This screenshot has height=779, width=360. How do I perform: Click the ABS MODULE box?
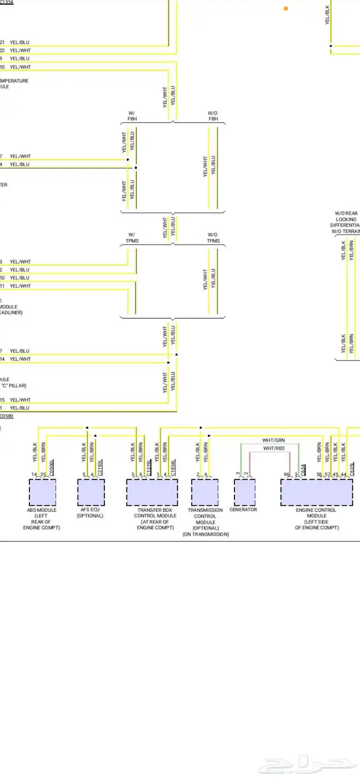coord(42,492)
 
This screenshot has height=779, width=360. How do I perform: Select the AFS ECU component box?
coord(91,492)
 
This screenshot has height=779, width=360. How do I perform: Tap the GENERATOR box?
coord(245,492)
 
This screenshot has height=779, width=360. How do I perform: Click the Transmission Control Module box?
coord(205,492)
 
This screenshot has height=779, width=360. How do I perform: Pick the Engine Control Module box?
coord(316,492)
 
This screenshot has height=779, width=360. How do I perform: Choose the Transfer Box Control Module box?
coord(152,492)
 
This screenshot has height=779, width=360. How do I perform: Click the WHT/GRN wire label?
coord(273,440)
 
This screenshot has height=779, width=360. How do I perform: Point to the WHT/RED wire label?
coord(273,449)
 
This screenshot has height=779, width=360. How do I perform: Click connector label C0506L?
coord(51,467)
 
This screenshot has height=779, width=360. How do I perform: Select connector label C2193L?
coord(100,467)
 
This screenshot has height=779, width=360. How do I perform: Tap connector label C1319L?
coord(149,467)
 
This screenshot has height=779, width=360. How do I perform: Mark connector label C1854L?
coord(173,467)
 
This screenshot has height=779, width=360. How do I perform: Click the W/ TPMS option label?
coord(132,238)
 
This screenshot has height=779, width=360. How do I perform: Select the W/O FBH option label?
coord(213,116)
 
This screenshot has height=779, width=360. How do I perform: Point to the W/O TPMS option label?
coord(213,238)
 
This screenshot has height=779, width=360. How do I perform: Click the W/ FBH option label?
coord(132,116)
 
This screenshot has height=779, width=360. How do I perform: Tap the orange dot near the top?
coord(286,8)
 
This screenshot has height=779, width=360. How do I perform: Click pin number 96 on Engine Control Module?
coord(286,474)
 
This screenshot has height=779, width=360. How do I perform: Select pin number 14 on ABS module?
coord(34,474)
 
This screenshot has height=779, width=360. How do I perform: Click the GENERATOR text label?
coord(243,510)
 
